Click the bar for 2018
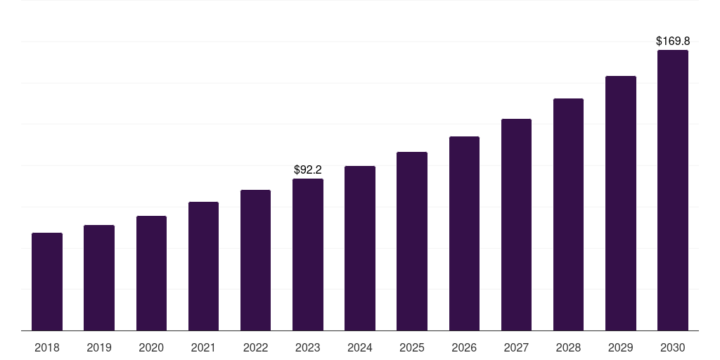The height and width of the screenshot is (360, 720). pyautogui.click(x=47, y=281)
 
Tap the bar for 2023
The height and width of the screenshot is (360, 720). pyautogui.click(x=308, y=255)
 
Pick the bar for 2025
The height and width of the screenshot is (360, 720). pyautogui.click(x=412, y=241)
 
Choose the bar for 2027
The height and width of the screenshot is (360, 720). pyautogui.click(x=516, y=225)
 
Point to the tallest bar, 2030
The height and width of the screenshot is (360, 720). pyautogui.click(x=672, y=190)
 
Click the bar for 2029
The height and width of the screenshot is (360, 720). pyautogui.click(x=620, y=203)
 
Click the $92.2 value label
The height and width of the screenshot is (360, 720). pyautogui.click(x=308, y=169)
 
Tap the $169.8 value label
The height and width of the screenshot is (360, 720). pyautogui.click(x=672, y=41)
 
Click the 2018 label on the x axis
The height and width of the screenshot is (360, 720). pyautogui.click(x=47, y=347)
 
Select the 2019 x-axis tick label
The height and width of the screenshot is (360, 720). pyautogui.click(x=99, y=347)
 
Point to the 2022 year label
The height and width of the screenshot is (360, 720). pyautogui.click(x=255, y=347)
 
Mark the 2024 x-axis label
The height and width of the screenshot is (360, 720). pyautogui.click(x=360, y=347)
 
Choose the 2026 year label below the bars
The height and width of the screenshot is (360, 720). pyautogui.click(x=464, y=347)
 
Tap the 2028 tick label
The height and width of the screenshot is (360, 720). pyautogui.click(x=568, y=347)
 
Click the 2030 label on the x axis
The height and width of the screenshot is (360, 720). pyautogui.click(x=672, y=347)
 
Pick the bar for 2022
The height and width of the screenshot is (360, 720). pyautogui.click(x=255, y=260)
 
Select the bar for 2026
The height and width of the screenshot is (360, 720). pyautogui.click(x=464, y=233)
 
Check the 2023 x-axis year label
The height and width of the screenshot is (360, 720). pyautogui.click(x=308, y=347)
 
